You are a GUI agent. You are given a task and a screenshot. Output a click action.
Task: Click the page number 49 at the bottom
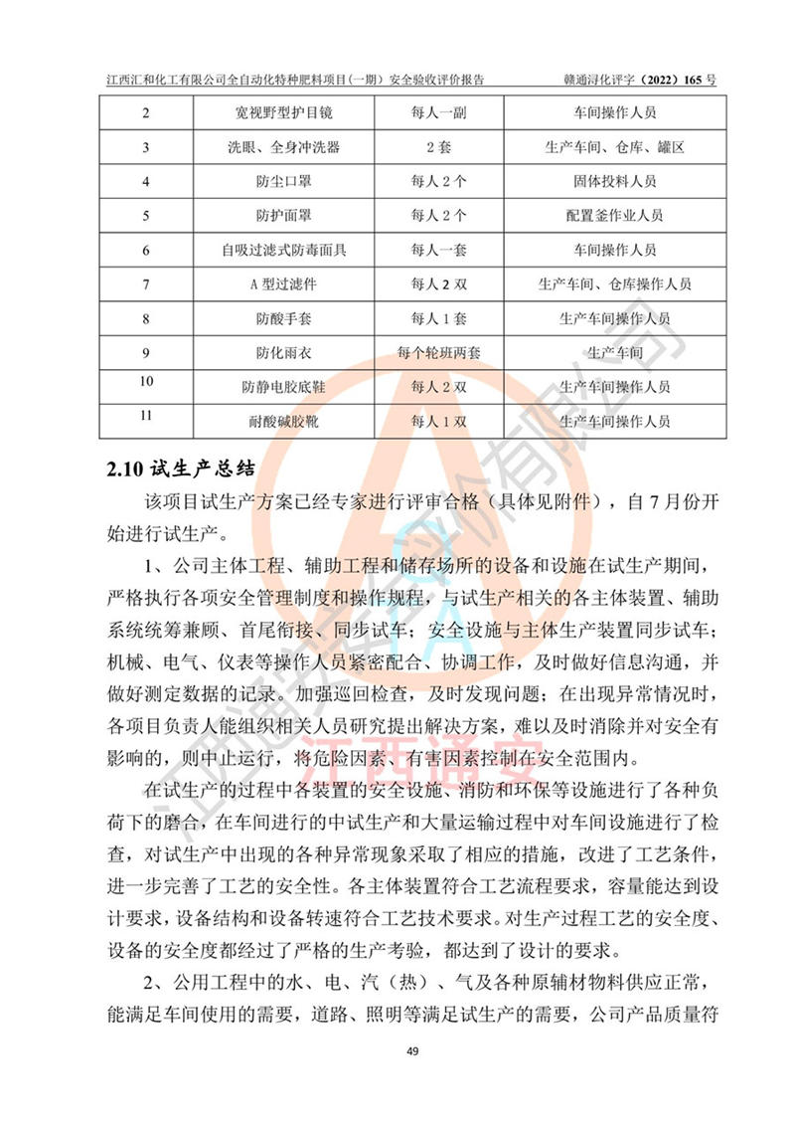(397, 1051)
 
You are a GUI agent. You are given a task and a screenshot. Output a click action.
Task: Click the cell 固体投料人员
(614, 182)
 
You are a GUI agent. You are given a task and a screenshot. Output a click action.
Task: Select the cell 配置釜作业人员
(614, 216)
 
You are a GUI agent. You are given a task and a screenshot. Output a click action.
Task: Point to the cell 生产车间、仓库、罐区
(614, 147)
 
